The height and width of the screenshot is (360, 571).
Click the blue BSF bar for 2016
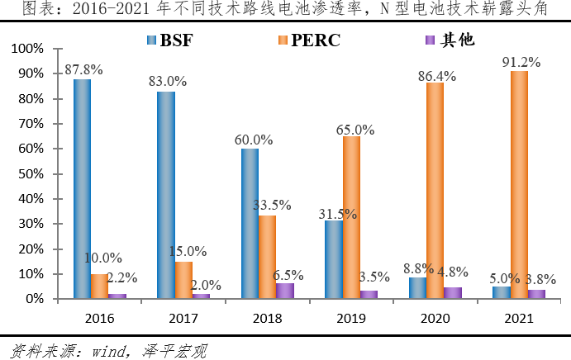point(82,189)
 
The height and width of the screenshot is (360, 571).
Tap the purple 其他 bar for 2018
point(284,291)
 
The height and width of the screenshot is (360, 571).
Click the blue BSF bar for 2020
point(418,288)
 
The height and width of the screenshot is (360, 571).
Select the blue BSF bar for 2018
point(250,224)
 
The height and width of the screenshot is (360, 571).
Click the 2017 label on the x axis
point(183,316)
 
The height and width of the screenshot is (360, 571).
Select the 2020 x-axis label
point(435,316)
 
